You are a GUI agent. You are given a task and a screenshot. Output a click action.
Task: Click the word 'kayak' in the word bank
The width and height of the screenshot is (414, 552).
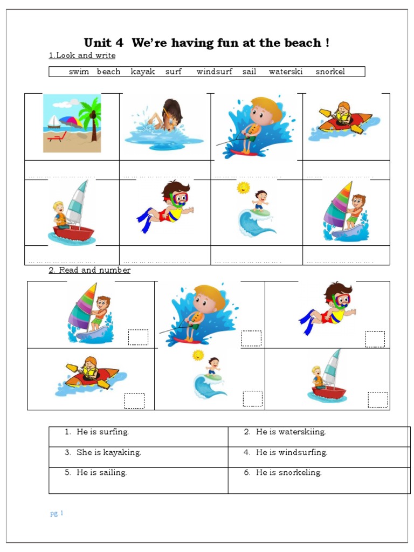tap(143, 72)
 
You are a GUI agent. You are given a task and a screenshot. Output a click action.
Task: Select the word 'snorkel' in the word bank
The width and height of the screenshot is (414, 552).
tap(330, 72)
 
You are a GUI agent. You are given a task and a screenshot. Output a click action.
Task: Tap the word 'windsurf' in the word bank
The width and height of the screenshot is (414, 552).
tap(214, 72)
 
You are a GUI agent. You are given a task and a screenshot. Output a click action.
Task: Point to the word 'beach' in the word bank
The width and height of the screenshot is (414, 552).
tap(108, 72)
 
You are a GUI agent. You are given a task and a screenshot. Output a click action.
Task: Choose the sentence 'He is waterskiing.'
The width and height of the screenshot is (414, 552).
tap(291, 432)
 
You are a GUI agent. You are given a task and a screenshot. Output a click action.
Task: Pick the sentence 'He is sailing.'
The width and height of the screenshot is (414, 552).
tap(101, 473)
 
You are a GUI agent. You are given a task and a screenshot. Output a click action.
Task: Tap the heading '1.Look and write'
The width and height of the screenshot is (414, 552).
tap(82, 56)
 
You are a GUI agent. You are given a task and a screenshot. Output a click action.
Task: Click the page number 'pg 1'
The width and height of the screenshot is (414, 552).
tap(57, 513)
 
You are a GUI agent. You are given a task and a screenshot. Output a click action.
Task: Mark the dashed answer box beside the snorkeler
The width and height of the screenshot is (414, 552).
tap(375, 339)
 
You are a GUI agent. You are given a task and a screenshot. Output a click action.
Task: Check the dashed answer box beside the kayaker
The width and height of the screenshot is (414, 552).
tap(134, 401)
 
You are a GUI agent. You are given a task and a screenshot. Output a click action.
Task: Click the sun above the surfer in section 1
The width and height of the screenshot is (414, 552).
tap(244, 188)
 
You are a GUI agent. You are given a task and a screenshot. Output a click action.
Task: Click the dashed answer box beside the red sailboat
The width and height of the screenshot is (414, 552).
tap(377, 399)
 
